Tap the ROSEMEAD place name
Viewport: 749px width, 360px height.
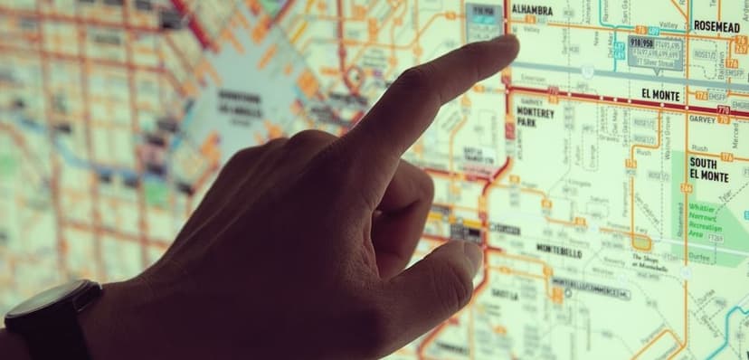[716, 26]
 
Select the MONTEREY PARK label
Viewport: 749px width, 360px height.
[536, 118]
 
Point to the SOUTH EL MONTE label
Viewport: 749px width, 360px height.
[709, 169]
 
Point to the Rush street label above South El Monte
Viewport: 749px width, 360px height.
[699, 147]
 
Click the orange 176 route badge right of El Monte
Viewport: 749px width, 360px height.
[699, 95]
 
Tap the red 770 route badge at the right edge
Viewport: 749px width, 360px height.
[723, 110]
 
